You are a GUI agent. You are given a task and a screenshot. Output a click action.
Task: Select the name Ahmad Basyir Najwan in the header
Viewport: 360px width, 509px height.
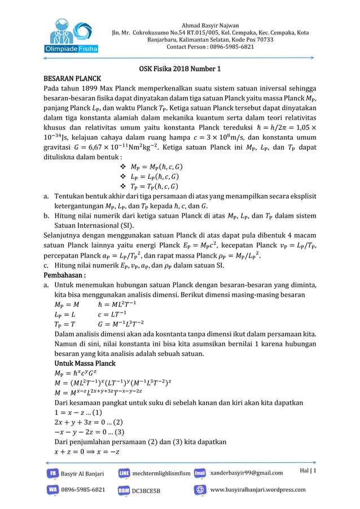coord(210,26)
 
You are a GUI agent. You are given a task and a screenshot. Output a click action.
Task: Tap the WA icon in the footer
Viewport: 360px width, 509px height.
coord(52,490)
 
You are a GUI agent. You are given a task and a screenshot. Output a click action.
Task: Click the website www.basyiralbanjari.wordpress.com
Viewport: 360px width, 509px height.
coord(257,490)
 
